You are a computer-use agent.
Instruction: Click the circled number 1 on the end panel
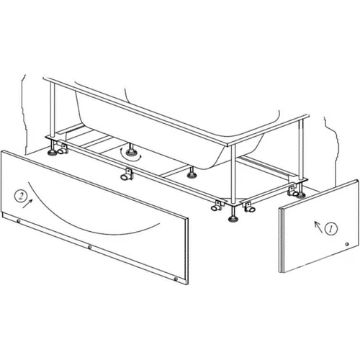tap(331, 228)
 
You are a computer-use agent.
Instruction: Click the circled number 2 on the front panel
tap(21, 196)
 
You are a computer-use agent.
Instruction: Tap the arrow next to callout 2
tap(28, 204)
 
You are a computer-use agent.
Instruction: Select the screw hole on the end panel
tap(346, 244)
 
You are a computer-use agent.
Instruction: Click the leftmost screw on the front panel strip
tap(19, 221)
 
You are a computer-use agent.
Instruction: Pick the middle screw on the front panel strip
tap(89, 247)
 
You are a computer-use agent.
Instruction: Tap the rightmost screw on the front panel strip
tap(176, 279)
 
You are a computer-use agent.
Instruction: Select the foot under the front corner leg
tap(232, 219)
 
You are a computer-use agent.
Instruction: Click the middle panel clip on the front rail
tap(126, 175)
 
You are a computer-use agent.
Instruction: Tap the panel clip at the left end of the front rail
tap(63, 148)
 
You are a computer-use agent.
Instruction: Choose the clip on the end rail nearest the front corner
tap(249, 207)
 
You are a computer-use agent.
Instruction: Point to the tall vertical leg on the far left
tap(53, 109)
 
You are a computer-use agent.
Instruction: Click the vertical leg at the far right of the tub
tap(301, 149)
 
